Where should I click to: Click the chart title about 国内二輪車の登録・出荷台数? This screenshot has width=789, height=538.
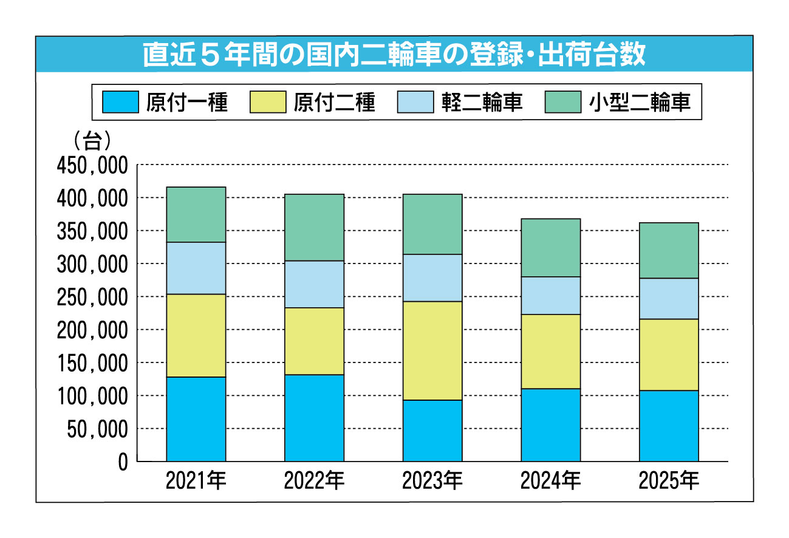pyautogui.click(x=394, y=55)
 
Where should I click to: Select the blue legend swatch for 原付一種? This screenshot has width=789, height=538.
pyautogui.click(x=120, y=102)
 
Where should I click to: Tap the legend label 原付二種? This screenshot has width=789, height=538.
pyautogui.click(x=334, y=102)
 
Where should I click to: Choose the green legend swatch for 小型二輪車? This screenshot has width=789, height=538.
pyautogui.click(x=562, y=102)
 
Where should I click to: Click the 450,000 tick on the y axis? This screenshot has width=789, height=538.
pyautogui.click(x=92, y=165)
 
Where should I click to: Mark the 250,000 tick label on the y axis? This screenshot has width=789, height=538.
pyautogui.click(x=92, y=297)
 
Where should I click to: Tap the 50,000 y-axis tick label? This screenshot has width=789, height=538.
pyautogui.click(x=96, y=429)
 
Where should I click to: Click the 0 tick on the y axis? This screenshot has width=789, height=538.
pyautogui.click(x=123, y=462)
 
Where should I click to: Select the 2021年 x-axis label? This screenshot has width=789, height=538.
pyautogui.click(x=196, y=482)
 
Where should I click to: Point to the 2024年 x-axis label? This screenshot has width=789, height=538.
pyautogui.click(x=550, y=482)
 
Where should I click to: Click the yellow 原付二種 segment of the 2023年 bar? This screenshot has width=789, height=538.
pyautogui.click(x=432, y=350)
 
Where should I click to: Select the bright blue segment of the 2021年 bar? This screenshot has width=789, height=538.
pyautogui.click(x=196, y=419)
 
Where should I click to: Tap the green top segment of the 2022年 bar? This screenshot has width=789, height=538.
pyautogui.click(x=314, y=227)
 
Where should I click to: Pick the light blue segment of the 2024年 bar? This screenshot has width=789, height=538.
pyautogui.click(x=550, y=295)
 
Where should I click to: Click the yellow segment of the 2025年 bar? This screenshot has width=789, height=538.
pyautogui.click(x=668, y=355)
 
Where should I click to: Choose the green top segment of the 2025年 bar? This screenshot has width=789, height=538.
pyautogui.click(x=668, y=250)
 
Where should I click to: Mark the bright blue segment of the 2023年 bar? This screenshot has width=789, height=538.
pyautogui.click(x=432, y=431)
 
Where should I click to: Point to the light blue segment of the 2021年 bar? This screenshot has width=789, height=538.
pyautogui.click(x=196, y=268)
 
